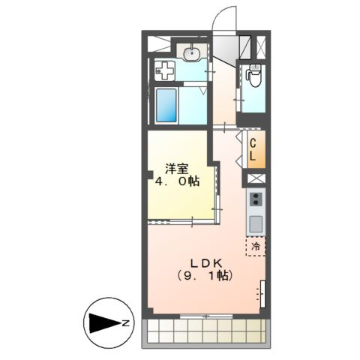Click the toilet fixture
tap(254, 75)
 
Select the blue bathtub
tap(166, 105)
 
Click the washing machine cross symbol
tap(164, 70)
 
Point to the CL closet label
tap(253, 150)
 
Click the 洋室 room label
tap(177, 169)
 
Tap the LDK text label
tap(207, 263)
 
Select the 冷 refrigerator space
tap(256, 246)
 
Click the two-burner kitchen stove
tap(256, 199)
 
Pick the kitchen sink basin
tap(256, 224)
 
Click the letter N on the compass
tap(126, 323)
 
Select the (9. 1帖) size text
tap(205, 275)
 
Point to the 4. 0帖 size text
tap(177, 181)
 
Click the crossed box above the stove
tap(256, 178)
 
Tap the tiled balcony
tap(206, 331)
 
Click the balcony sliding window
tap(206, 316)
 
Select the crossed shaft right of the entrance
tap(261, 46)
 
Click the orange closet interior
tap(256, 149)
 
